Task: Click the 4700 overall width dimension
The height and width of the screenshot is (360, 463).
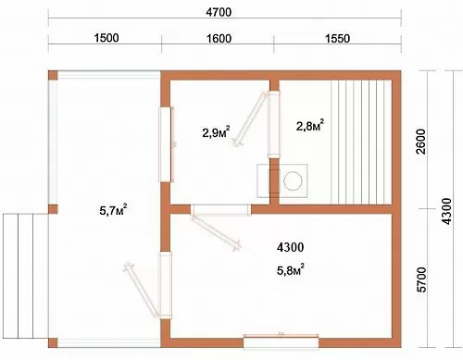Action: (x=219, y=12)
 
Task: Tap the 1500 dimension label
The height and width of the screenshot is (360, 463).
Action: (x=106, y=38)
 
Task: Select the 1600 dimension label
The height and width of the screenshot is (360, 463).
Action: (x=219, y=39)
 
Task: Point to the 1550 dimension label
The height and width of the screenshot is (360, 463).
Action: (x=337, y=39)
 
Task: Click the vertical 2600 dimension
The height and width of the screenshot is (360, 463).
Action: (x=421, y=142)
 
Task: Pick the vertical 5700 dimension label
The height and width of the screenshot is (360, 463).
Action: (x=421, y=279)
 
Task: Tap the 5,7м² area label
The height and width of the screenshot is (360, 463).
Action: (x=113, y=210)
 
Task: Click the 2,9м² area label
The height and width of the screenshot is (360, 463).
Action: (x=216, y=131)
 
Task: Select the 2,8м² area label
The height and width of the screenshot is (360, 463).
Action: (x=310, y=125)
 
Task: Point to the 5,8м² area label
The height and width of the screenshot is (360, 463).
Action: (x=291, y=269)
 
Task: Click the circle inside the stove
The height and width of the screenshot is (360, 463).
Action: (x=293, y=180)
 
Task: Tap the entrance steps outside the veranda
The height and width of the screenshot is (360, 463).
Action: (x=26, y=276)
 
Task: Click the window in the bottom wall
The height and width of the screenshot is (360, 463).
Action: (x=281, y=341)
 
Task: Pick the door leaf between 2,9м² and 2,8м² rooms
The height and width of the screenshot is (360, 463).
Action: (x=250, y=118)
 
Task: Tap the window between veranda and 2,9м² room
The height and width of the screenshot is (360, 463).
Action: (x=166, y=144)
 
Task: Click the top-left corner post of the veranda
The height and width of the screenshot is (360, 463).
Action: (x=53, y=75)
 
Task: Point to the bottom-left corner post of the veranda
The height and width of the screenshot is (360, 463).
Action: (x=53, y=342)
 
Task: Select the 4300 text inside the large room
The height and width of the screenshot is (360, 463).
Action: (x=290, y=247)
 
